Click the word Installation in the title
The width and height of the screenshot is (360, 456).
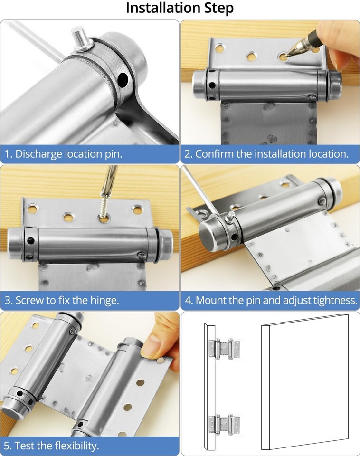tap(163, 8)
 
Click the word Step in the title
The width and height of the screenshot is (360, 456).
tap(218, 9)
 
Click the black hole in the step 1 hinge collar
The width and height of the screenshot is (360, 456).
tap(123, 79)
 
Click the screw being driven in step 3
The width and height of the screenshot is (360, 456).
tap(104, 205)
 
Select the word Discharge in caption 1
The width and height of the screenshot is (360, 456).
tap(38, 154)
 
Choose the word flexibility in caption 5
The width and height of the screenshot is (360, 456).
tap(76, 446)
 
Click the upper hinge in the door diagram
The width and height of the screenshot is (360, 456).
tap(225, 349)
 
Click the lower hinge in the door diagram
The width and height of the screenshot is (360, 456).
tap(225, 424)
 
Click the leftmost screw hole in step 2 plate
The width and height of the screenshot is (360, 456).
tap(219, 48)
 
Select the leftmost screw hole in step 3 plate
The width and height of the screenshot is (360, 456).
tap(32, 209)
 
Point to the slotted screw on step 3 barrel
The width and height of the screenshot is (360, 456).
tap(142, 256)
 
